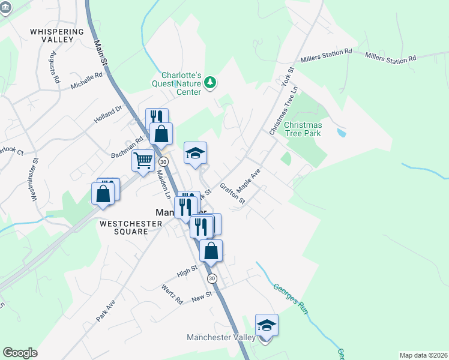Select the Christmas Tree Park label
(303, 128)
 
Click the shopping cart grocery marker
(143, 160)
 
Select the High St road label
(187, 271)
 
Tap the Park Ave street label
(104, 308)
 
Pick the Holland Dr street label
(107, 115)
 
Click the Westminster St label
(35, 178)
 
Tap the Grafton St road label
(232, 193)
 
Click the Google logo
(20, 353)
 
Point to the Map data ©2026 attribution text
(423, 355)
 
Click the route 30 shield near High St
(212, 278)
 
